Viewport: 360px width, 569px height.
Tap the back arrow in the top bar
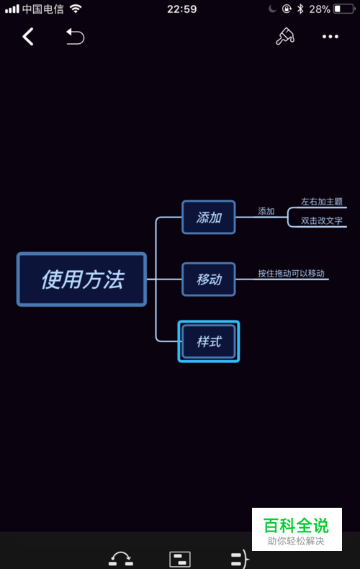click(x=28, y=37)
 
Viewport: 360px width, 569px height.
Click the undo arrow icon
click(x=75, y=37)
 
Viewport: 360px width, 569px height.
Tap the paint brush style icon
click(x=285, y=36)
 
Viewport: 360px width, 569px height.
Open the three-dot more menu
click(x=330, y=37)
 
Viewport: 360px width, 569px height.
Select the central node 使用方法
click(x=81, y=279)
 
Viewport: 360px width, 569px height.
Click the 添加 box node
click(x=209, y=218)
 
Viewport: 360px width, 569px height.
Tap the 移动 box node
click(x=209, y=279)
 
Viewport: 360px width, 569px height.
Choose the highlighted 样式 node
click(x=209, y=341)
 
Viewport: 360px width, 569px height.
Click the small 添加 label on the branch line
click(x=266, y=211)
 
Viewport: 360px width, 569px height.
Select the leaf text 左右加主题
click(x=322, y=202)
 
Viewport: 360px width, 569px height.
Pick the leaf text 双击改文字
click(x=322, y=220)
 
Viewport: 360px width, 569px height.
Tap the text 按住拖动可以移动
click(x=291, y=273)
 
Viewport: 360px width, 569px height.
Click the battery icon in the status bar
click(x=344, y=9)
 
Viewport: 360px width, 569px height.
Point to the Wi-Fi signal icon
click(x=76, y=9)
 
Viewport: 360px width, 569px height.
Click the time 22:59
click(x=182, y=9)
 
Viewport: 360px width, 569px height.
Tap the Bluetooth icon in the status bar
click(x=300, y=9)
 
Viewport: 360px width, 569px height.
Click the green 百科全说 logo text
click(x=296, y=525)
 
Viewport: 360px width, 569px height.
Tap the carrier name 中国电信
click(x=42, y=9)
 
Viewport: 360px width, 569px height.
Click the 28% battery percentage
click(x=320, y=9)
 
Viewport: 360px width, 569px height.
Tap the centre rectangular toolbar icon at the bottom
click(x=180, y=559)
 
